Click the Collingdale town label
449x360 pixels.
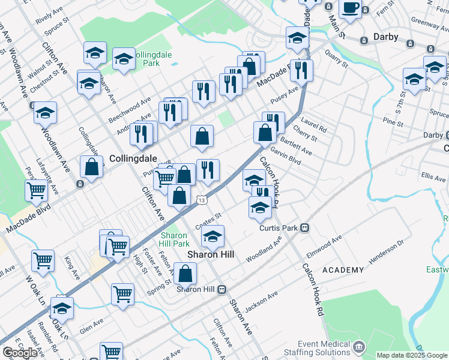(x=133, y=158)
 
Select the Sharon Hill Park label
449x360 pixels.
(x=175, y=239)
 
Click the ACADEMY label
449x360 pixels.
(x=343, y=271)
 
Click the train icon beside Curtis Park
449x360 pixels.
(x=305, y=227)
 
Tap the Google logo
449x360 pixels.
(x=19, y=353)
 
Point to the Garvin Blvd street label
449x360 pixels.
(x=285, y=157)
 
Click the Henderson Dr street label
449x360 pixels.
(x=388, y=252)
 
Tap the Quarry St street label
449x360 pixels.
(x=337, y=58)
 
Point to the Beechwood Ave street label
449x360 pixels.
(x=129, y=111)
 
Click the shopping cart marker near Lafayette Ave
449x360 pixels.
(x=37, y=190)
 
